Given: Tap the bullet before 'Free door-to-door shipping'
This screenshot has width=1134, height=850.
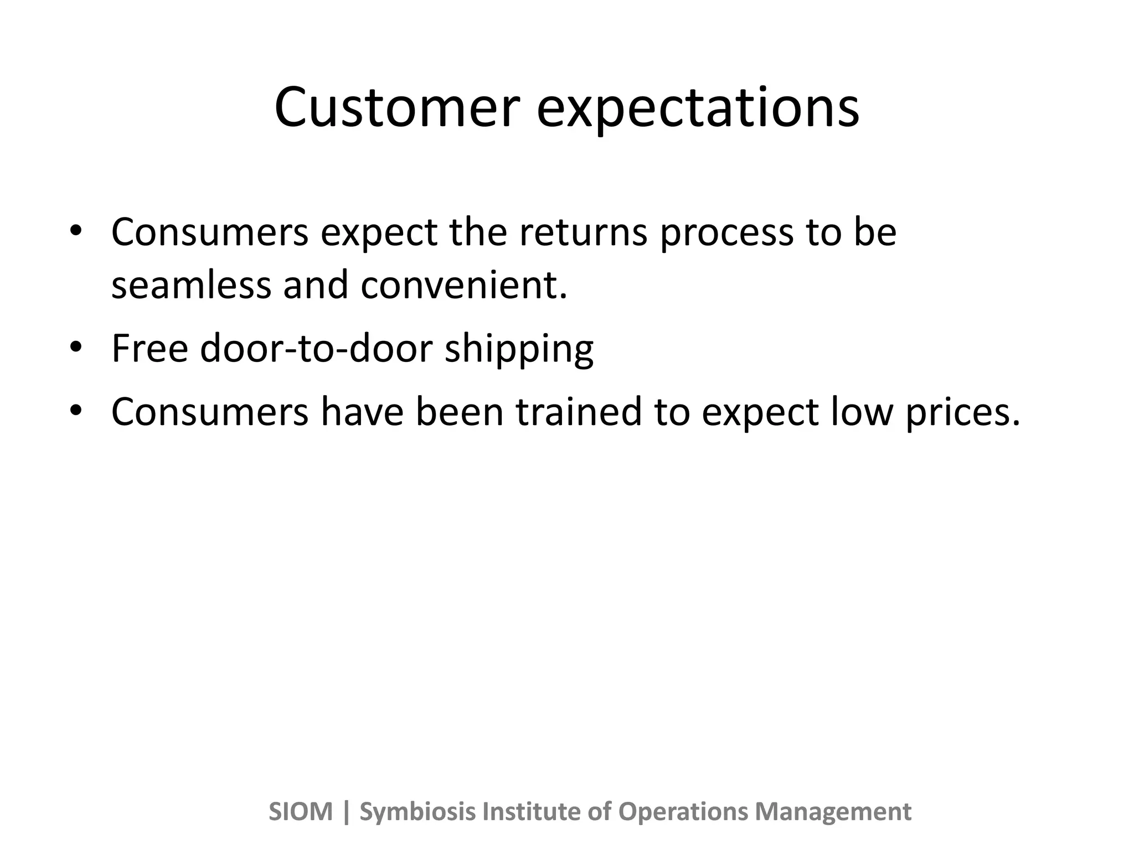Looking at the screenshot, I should click(x=76, y=348).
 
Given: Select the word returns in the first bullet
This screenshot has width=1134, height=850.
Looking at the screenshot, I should click(x=583, y=232).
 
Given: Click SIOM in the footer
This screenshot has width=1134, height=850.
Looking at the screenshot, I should click(x=301, y=812).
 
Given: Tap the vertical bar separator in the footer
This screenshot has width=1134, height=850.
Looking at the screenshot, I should click(x=347, y=812).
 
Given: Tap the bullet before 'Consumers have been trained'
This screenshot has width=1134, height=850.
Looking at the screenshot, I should click(x=76, y=411).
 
